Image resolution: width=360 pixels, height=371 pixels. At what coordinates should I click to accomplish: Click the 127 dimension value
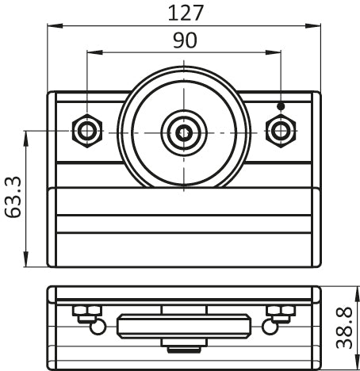pos(186,13)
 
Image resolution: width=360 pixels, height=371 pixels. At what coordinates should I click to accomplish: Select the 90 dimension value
pos(185,40)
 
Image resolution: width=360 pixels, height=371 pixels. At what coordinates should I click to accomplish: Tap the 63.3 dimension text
pos(13,197)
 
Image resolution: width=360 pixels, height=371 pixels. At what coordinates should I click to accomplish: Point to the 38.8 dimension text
pos(344,327)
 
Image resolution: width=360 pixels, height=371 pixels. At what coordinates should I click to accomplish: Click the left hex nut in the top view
pos(87,131)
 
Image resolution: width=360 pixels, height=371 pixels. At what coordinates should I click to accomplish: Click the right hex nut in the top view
pos(281,131)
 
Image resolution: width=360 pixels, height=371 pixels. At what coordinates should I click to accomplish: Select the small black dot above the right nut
pos(281,106)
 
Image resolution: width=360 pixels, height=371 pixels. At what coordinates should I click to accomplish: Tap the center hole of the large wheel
pos(184,133)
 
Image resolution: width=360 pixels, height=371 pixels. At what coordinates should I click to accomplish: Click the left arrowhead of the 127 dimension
pos(55,25)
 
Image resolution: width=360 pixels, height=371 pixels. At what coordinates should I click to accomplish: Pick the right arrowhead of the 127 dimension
pos(313,25)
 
